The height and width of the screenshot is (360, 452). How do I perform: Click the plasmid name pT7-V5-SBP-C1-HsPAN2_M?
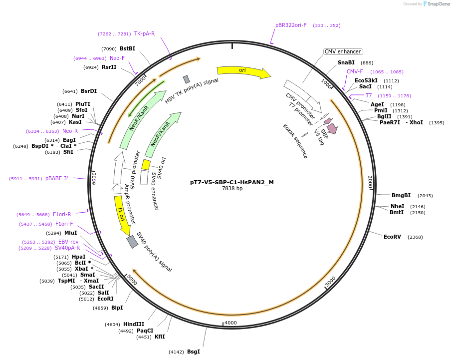(232, 182)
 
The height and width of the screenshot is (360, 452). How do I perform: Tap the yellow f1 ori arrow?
(120, 215)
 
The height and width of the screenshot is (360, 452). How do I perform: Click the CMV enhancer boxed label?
(343, 51)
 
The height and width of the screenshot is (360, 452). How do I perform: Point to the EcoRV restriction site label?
(392, 237)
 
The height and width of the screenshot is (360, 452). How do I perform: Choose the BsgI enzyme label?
(194, 352)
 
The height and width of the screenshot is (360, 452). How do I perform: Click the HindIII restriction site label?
(134, 324)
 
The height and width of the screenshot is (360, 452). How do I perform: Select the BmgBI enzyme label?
(401, 195)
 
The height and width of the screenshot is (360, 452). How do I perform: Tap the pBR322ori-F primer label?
(291, 25)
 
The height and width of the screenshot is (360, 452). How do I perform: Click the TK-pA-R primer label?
(144, 33)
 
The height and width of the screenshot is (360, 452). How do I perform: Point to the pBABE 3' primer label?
(56, 178)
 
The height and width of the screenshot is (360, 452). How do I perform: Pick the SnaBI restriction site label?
(346, 62)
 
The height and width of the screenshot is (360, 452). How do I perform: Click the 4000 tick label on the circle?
(230, 323)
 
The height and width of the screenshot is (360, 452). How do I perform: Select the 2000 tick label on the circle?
(370, 182)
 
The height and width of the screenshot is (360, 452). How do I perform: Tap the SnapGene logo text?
(438, 4)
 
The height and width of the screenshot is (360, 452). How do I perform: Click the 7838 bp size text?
(232, 188)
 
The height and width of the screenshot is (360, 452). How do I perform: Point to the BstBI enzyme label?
(127, 48)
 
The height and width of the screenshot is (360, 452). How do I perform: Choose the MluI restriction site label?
(71, 233)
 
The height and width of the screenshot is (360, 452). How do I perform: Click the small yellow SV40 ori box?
(146, 164)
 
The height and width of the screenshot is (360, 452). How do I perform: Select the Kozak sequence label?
(295, 141)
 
